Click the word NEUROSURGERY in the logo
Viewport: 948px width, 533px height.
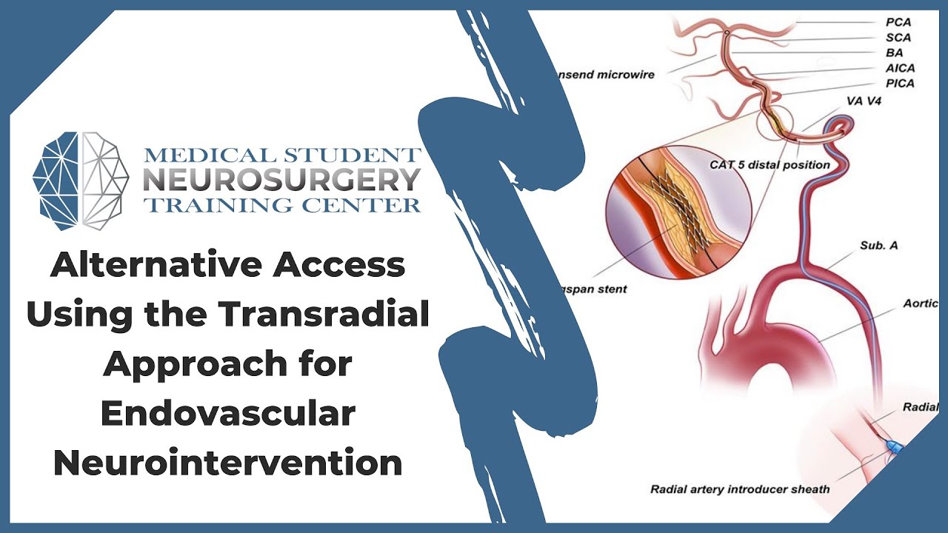[281, 180]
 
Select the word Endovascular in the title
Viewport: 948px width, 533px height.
[228, 414]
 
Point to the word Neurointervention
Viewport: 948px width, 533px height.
[228, 463]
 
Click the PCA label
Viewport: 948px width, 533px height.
[898, 22]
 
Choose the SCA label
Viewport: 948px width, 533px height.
[898, 38]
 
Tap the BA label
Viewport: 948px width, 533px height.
[894, 53]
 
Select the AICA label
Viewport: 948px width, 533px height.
[900, 68]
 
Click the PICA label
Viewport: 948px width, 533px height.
[900, 84]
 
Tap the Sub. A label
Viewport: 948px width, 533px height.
[878, 245]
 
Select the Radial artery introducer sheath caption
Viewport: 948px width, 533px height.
[740, 489]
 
